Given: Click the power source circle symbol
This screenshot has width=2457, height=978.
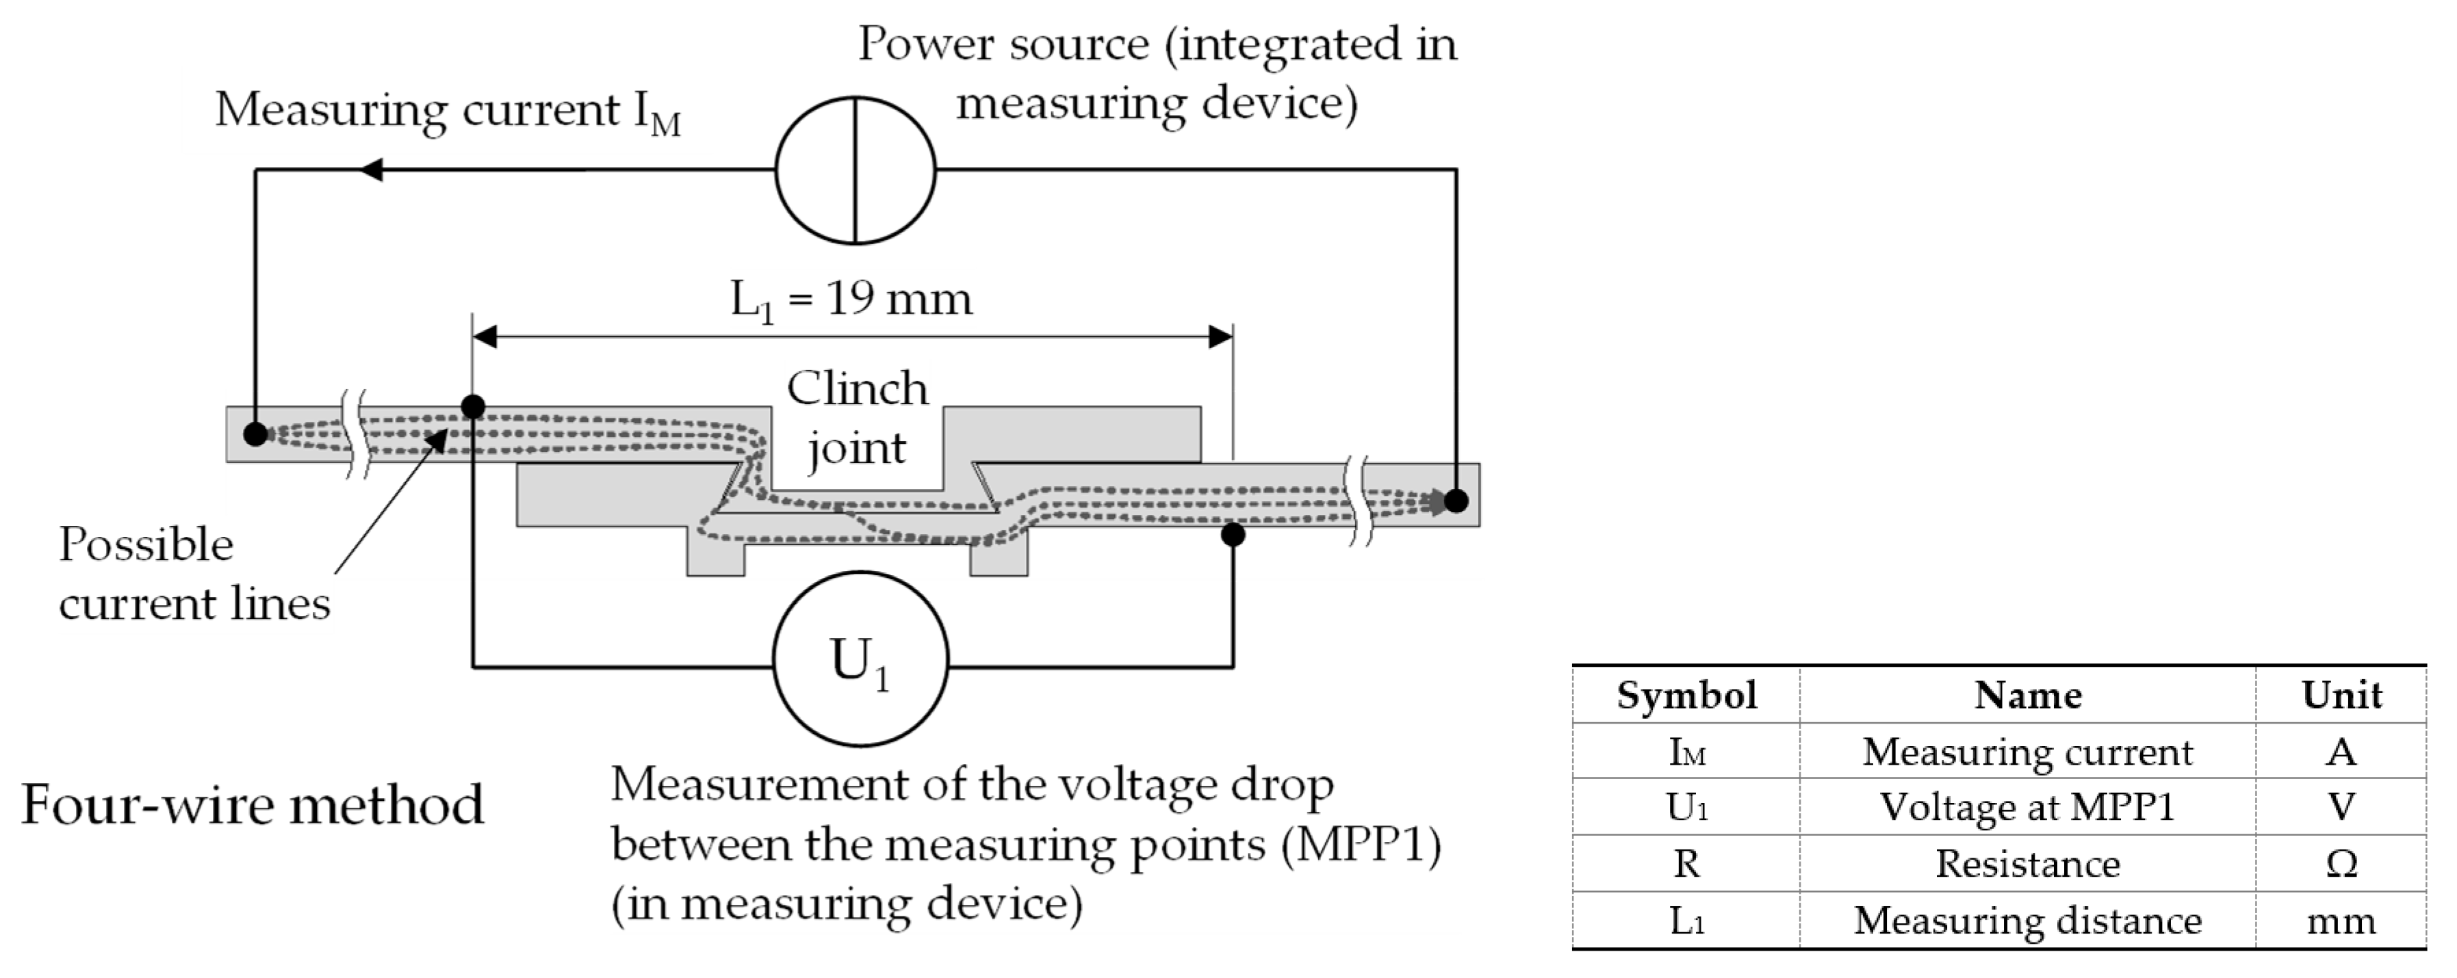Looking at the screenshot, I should click(x=855, y=170).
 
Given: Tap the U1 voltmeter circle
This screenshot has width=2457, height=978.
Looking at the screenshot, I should click(x=860, y=659).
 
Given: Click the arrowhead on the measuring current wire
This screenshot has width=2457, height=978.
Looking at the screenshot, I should click(x=371, y=170).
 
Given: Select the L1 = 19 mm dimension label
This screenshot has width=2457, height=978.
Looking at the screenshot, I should click(x=851, y=300).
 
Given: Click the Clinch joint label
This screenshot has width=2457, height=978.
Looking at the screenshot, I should click(x=856, y=417).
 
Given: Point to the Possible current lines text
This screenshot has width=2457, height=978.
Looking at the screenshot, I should click(x=194, y=574).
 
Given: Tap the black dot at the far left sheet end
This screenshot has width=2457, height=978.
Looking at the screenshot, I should click(x=255, y=434).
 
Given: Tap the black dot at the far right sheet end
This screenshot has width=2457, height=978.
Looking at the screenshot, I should click(x=1456, y=499).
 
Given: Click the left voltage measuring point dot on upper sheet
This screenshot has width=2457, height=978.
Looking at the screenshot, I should click(x=473, y=407).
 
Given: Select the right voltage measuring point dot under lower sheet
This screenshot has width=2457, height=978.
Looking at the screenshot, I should click(x=1233, y=534).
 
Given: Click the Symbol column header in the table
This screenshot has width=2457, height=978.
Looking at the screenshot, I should click(x=1686, y=695).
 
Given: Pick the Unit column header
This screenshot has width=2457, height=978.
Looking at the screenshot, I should click(x=2341, y=695).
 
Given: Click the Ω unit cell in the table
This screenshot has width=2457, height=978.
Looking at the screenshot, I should click(x=2341, y=864).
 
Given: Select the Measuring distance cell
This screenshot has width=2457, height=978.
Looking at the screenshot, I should click(x=2028, y=921).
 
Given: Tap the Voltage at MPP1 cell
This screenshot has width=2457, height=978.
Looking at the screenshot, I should click(x=2028, y=808).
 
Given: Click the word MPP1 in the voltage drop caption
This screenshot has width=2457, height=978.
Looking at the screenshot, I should click(x=1360, y=845).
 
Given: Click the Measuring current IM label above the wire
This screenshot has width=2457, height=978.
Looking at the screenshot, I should click(x=448, y=111).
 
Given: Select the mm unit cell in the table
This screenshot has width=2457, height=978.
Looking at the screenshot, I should click(x=2341, y=921).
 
